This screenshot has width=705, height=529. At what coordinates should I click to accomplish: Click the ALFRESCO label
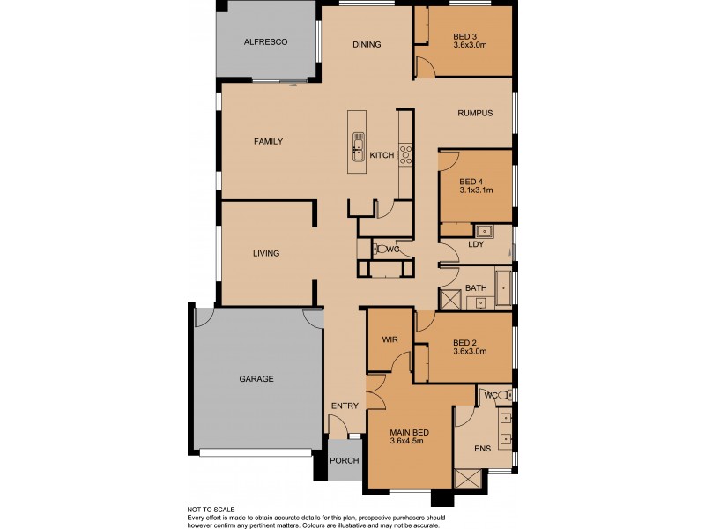(266, 41)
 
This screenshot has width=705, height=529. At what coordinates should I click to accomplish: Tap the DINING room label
(366, 45)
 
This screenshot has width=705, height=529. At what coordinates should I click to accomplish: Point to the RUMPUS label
(474, 113)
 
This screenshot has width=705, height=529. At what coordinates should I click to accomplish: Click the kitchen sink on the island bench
(359, 146)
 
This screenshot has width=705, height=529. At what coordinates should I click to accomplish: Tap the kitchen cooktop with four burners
(406, 155)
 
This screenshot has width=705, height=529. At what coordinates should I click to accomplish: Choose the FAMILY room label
(268, 141)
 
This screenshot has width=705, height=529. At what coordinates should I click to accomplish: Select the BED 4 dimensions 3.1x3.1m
(475, 189)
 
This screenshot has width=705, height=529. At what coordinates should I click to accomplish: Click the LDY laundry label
(476, 244)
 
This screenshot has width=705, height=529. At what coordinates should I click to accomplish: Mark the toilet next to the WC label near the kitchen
(377, 249)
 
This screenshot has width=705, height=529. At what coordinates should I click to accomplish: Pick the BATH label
(476, 287)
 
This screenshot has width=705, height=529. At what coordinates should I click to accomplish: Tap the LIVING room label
(265, 254)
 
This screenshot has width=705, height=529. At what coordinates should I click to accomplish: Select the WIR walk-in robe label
(390, 339)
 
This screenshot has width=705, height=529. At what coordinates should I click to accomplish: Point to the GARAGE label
(256, 379)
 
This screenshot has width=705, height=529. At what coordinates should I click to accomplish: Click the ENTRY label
(344, 406)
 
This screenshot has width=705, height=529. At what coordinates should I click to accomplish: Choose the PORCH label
(344, 462)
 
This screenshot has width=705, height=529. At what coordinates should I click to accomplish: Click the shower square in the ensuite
(467, 479)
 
